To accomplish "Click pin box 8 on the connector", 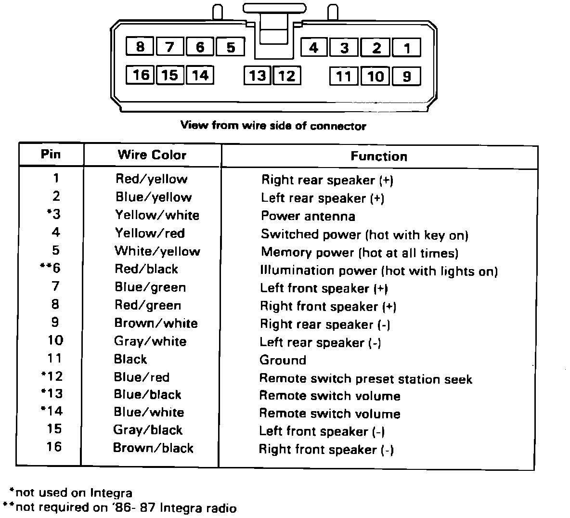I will coord(140,47).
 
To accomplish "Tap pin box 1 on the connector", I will coord(407,48).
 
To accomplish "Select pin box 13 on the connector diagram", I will coord(258,76).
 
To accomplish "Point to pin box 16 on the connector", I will coord(141,75).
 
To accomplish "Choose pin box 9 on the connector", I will coord(407,77).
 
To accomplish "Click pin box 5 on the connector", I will coord(231,47).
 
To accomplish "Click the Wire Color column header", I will coord(152,155).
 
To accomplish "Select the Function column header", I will coord(379,156).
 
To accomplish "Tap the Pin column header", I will coord(51,154).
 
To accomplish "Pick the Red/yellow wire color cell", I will coord(151,179).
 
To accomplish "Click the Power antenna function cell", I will coord(308,216).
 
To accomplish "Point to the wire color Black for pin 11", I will coord(130,359).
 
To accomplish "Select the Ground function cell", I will coord(283,360).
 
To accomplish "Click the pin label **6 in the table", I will coord(50,268).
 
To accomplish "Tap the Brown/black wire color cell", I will coord(153,448).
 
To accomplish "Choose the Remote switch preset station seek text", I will coord(365,379).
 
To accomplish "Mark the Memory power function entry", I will coord(359,253).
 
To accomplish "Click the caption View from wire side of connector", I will coord(273,126).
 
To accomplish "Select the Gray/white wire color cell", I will coord(150,341).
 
